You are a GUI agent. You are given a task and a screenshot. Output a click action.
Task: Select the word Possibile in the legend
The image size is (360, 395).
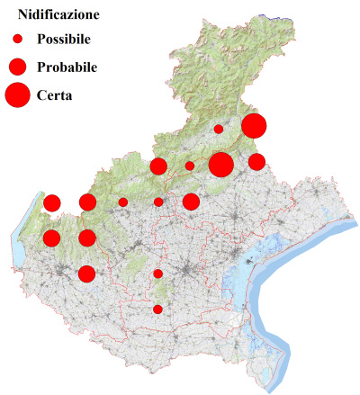click(x=64, y=40)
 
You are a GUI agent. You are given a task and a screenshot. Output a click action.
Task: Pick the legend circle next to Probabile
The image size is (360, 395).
click(x=17, y=67)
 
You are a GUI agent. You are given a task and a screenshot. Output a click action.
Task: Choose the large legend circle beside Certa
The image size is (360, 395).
click(x=17, y=94)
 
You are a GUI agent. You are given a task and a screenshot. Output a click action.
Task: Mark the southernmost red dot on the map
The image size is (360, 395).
click(x=157, y=310)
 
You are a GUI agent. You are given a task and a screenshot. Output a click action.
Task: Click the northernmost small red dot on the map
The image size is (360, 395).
click(x=218, y=129)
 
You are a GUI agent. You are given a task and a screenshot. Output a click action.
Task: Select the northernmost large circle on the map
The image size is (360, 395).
click(x=253, y=126)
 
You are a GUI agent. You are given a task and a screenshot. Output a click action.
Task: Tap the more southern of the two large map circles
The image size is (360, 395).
click(x=220, y=165)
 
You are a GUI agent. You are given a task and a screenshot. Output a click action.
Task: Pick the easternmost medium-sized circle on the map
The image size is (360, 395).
click(x=256, y=162)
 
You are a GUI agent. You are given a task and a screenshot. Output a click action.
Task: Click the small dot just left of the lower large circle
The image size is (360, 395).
click(x=189, y=166)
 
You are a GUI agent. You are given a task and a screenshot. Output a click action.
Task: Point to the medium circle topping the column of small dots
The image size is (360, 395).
click(x=158, y=166)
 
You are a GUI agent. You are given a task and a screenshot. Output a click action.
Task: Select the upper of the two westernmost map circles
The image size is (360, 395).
click(x=51, y=202)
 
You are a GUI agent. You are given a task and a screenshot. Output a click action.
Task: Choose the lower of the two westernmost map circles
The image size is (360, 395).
click(x=51, y=238)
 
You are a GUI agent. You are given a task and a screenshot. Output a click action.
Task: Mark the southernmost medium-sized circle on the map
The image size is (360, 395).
click(x=86, y=274)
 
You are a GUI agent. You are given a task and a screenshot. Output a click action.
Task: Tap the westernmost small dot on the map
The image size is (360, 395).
click(x=122, y=202)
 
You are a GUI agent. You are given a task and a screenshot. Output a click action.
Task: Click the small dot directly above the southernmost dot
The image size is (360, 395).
click(x=157, y=274)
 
